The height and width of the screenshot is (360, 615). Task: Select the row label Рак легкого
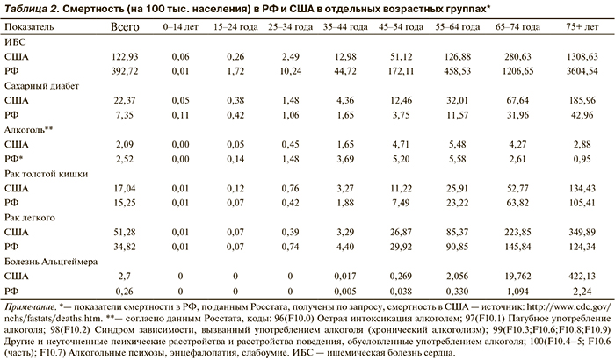click(x=28, y=217)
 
